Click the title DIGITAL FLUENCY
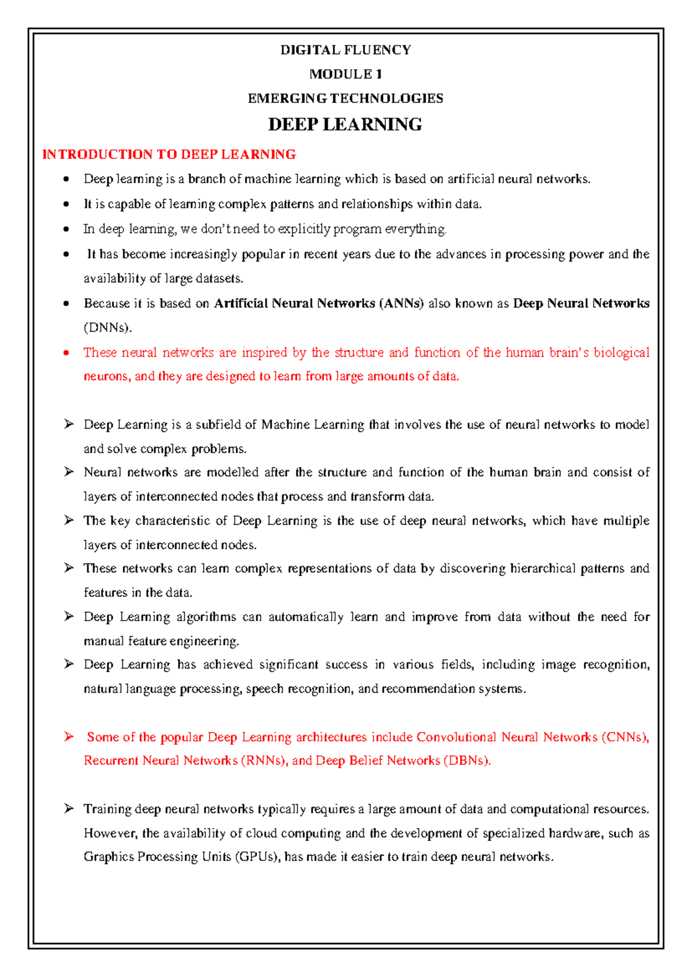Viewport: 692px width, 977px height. click(x=345, y=50)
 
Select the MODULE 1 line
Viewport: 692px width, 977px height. click(x=345, y=74)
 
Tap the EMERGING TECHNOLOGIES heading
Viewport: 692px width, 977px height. click(x=345, y=99)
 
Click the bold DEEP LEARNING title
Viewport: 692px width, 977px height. click(x=345, y=124)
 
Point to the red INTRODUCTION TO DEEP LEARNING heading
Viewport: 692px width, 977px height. click(x=169, y=154)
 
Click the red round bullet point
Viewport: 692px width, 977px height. click(x=66, y=353)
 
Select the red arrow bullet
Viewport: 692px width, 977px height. click(x=69, y=737)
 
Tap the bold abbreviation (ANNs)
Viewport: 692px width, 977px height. click(x=401, y=304)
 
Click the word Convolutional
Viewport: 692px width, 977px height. click(x=456, y=737)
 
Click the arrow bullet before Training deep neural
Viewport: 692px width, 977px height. click(x=69, y=809)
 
